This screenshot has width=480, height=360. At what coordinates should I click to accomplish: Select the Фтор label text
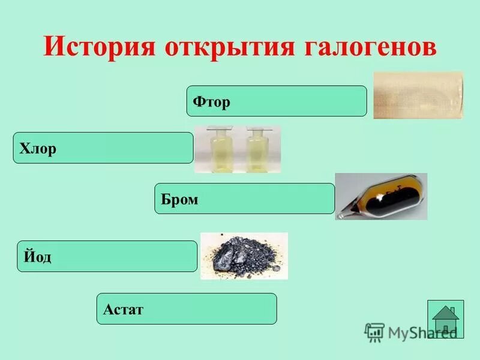click(x=211, y=102)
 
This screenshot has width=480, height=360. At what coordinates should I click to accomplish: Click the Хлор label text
click(x=38, y=148)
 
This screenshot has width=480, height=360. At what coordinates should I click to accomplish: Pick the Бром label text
click(x=179, y=199)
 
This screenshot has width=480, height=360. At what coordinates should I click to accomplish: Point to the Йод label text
click(x=38, y=257)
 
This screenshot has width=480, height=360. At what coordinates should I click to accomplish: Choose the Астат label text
click(x=123, y=310)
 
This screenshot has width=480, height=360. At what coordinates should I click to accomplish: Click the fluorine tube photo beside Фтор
click(x=418, y=95)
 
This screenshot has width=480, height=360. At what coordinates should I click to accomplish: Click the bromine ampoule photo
click(x=381, y=196)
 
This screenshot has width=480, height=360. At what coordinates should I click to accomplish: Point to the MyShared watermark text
click(x=420, y=332)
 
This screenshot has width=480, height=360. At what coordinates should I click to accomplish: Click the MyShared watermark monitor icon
click(x=374, y=332)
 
